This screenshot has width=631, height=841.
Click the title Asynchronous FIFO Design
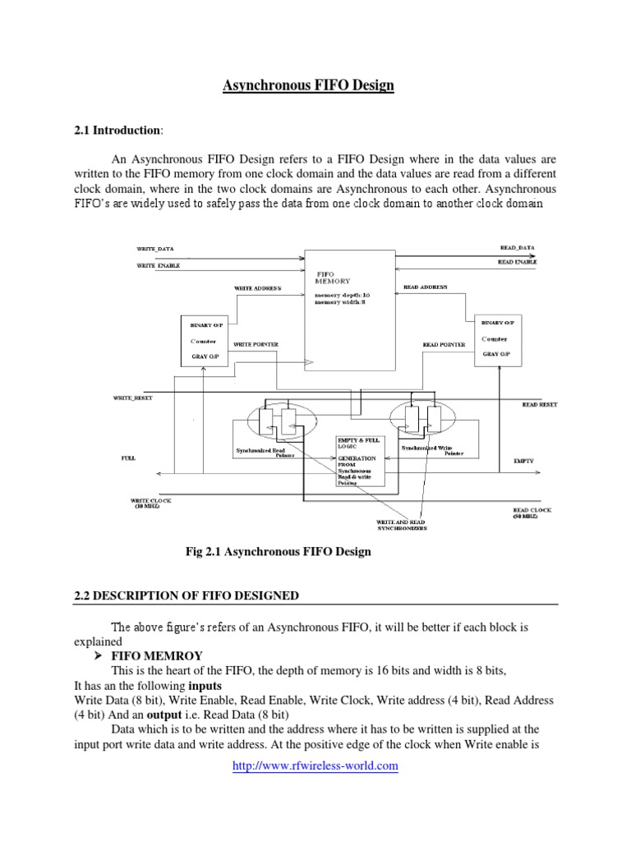(309, 85)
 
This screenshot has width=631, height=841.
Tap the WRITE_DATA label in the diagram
(154, 247)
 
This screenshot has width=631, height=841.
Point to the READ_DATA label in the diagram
(517, 246)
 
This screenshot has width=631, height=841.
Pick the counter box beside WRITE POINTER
(205, 339)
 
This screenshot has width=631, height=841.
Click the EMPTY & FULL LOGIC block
(358, 459)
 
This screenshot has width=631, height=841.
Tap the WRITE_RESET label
(132, 398)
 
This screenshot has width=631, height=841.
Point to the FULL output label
(128, 459)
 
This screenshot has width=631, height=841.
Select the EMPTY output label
(524, 461)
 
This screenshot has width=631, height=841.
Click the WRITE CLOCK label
(150, 503)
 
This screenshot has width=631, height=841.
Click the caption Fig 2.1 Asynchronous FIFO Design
(279, 552)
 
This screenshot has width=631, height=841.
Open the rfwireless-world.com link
(315, 765)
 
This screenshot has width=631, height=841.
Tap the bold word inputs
(205, 685)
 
